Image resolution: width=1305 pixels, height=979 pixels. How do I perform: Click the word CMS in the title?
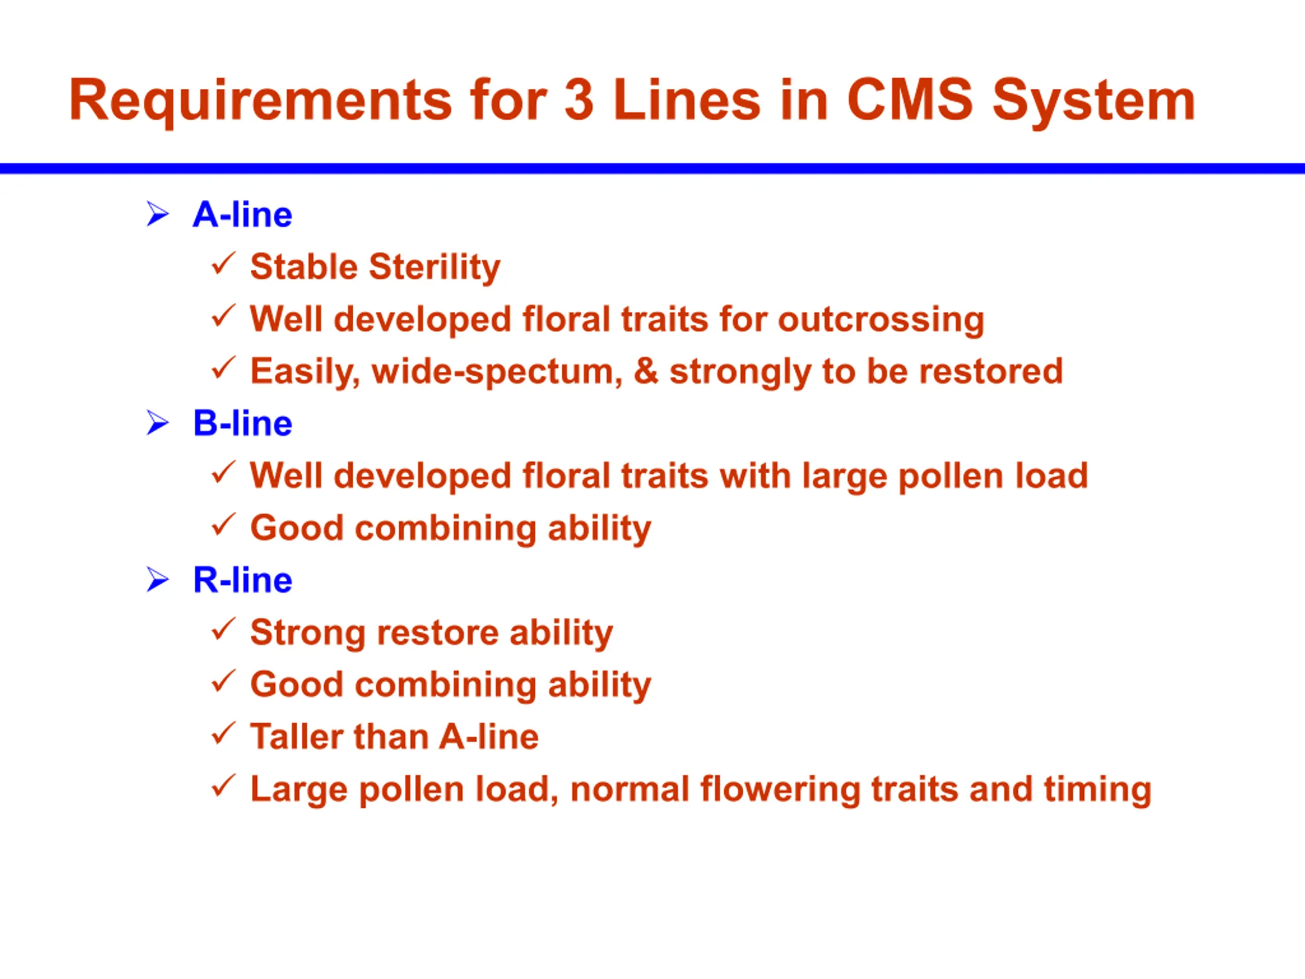pyautogui.click(x=910, y=100)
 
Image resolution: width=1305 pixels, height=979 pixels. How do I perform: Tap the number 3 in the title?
pyautogui.click(x=579, y=100)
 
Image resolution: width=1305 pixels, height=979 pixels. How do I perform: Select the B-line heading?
pyautogui.click(x=243, y=423)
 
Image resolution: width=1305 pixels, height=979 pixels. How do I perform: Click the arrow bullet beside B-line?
pyautogui.click(x=158, y=423)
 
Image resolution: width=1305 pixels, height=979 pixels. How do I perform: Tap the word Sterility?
pyautogui.click(x=434, y=268)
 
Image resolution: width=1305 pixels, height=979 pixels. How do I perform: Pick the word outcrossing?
pyautogui.click(x=881, y=320)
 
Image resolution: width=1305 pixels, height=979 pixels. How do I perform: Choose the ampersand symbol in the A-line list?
pyautogui.click(x=646, y=371)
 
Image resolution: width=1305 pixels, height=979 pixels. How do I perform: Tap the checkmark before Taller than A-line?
pyautogui.click(x=224, y=734)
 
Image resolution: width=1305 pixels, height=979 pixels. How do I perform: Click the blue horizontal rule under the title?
pyautogui.click(x=652, y=169)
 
